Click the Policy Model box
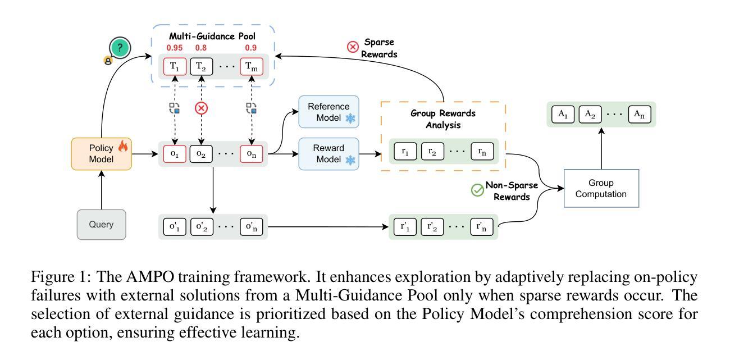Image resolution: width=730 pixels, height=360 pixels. click(x=101, y=153)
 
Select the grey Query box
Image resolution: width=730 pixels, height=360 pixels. click(x=101, y=225)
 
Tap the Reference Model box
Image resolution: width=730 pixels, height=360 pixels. click(x=328, y=112)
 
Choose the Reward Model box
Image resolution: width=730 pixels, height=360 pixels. click(x=328, y=153)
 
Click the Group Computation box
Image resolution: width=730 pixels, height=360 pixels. click(x=601, y=189)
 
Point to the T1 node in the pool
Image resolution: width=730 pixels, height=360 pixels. click(x=175, y=66)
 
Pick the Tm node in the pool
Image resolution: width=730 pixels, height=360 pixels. click(x=251, y=66)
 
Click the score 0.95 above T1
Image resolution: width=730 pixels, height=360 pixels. click(x=175, y=48)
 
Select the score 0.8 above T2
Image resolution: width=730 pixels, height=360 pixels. click(x=200, y=48)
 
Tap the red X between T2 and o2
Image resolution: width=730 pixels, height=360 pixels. click(x=201, y=108)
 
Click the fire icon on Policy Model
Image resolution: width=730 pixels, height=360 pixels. click(x=123, y=147)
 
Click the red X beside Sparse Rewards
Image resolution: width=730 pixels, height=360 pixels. click(x=353, y=47)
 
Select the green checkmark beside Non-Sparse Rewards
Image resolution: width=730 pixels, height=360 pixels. click(x=477, y=190)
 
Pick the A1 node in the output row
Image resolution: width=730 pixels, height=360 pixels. click(x=562, y=114)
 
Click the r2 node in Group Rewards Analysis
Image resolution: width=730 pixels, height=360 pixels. click(x=432, y=152)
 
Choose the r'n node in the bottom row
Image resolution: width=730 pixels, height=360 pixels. click(x=481, y=227)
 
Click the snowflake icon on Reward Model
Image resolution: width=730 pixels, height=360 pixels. click(x=350, y=161)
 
